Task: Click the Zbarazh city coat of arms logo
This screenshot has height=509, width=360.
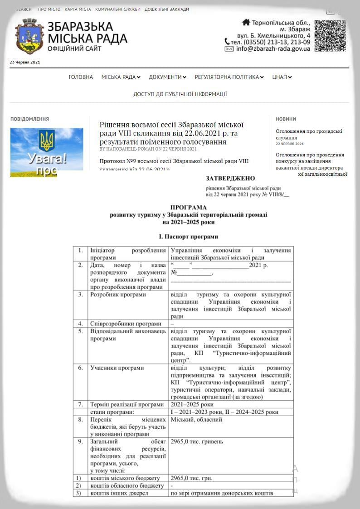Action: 29,36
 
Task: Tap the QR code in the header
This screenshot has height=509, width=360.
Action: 330,35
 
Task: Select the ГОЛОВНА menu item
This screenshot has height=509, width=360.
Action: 81,77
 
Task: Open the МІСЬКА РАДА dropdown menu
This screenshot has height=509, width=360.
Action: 121,77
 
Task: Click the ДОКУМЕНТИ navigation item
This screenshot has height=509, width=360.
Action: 167,77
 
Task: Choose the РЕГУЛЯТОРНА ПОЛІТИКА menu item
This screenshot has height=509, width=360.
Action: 229,77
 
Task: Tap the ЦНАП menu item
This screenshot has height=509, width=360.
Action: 282,77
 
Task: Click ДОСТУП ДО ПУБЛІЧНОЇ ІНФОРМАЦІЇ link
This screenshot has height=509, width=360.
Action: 180,94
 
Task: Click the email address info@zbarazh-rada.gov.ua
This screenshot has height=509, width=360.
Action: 273,49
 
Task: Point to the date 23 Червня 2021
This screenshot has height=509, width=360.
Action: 25,62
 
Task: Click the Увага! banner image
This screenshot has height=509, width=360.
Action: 47,152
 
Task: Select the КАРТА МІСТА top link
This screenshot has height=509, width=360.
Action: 78,9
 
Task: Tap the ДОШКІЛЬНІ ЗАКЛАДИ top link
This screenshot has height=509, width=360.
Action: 167,9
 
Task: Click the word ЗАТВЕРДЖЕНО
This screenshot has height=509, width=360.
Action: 230,179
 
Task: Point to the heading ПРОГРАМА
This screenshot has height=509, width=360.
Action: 188,208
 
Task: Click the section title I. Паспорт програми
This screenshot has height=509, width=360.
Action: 188,237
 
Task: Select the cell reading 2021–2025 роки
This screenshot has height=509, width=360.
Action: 192,404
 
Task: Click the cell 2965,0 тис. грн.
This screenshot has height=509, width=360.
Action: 191,478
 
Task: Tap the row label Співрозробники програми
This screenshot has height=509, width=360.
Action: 126,324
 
